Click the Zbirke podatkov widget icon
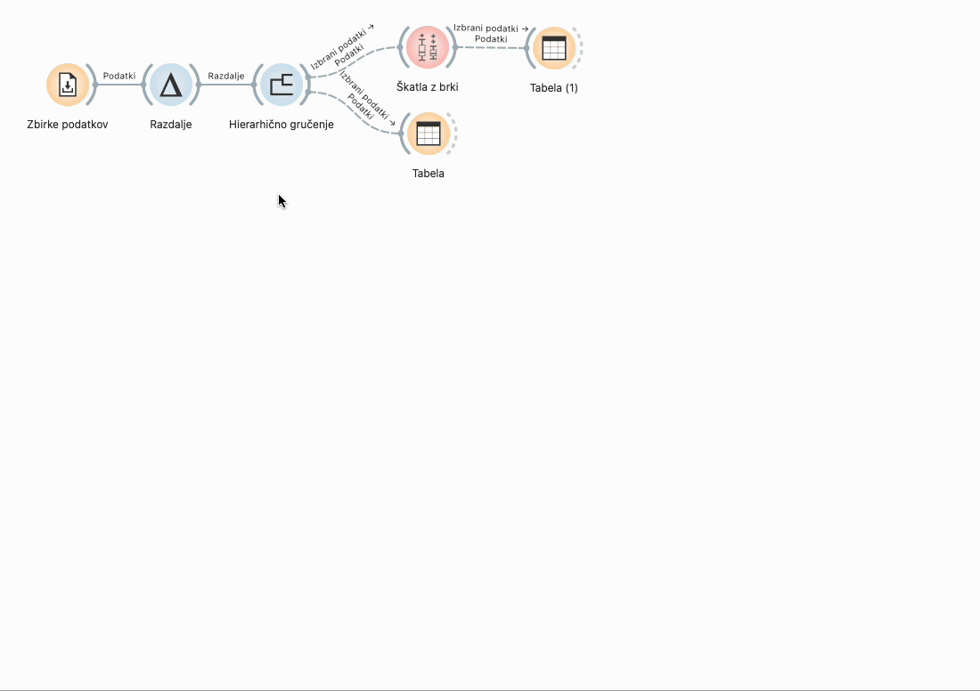click(68, 85)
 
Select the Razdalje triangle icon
click(170, 85)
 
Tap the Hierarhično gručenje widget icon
click(282, 85)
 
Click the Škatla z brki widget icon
click(428, 47)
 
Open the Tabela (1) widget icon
click(553, 48)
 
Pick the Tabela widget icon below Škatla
click(429, 134)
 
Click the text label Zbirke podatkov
click(68, 125)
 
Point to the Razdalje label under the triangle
click(170, 125)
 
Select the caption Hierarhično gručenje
click(282, 125)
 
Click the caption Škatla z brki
click(428, 87)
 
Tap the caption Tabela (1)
click(553, 88)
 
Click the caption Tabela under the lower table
click(429, 174)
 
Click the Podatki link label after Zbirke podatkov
click(119, 76)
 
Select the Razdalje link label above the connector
click(225, 76)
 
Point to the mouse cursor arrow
click(281, 199)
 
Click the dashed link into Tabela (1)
click(490, 47)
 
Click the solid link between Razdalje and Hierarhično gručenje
click(225, 85)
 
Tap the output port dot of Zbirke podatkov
click(95, 85)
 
